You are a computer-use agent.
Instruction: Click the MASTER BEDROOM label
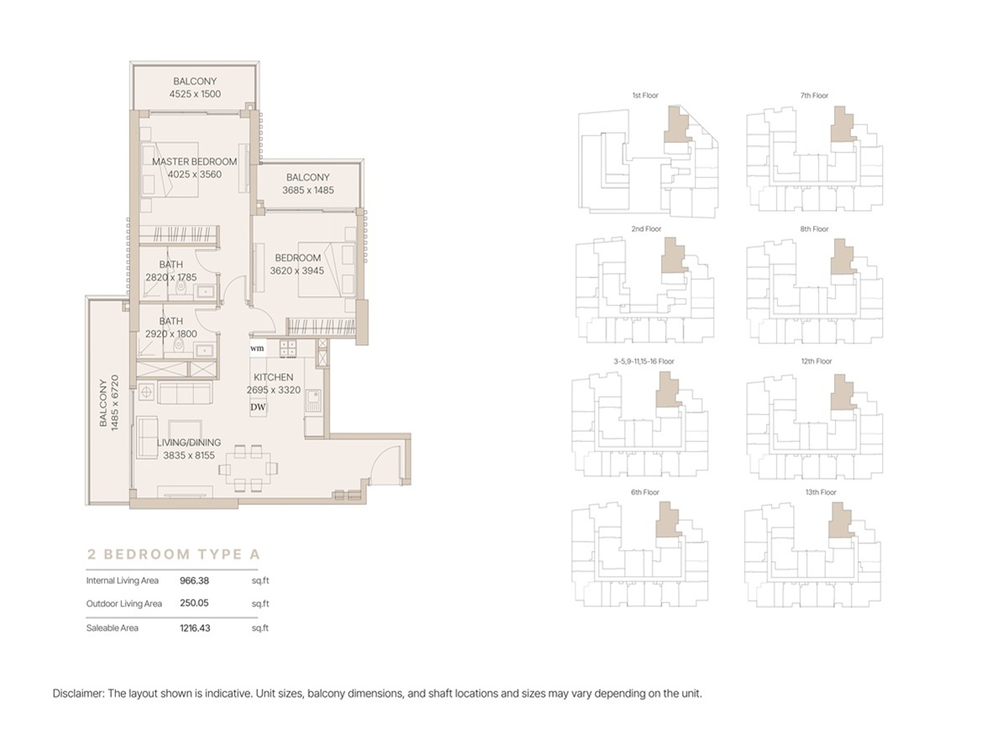coord(194,161)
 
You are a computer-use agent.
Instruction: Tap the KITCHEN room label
coord(273,377)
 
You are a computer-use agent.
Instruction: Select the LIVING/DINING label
coord(189,443)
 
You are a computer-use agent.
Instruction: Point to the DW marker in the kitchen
coord(258,407)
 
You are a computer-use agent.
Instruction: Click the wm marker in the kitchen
coord(257,349)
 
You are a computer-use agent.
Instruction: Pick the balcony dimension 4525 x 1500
coord(195,94)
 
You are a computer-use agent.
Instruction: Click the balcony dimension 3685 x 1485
coord(308,191)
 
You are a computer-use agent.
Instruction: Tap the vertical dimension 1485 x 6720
coord(115,403)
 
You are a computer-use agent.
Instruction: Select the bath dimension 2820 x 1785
coord(171,277)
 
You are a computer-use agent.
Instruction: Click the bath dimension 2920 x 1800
coord(171,334)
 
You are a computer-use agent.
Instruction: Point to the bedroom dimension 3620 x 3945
coord(297,270)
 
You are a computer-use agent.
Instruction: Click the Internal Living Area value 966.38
coord(194,580)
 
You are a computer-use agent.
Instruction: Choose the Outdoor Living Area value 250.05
coord(194,603)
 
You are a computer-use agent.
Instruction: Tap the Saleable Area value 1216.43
coord(195,627)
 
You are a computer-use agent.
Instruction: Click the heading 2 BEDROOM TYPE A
coord(174,554)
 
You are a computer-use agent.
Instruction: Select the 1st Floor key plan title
coord(645,96)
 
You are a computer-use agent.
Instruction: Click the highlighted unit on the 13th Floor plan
coord(840,523)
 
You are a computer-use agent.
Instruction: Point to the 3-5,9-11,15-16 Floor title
coord(644,361)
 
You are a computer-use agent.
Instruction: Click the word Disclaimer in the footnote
coord(78,694)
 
